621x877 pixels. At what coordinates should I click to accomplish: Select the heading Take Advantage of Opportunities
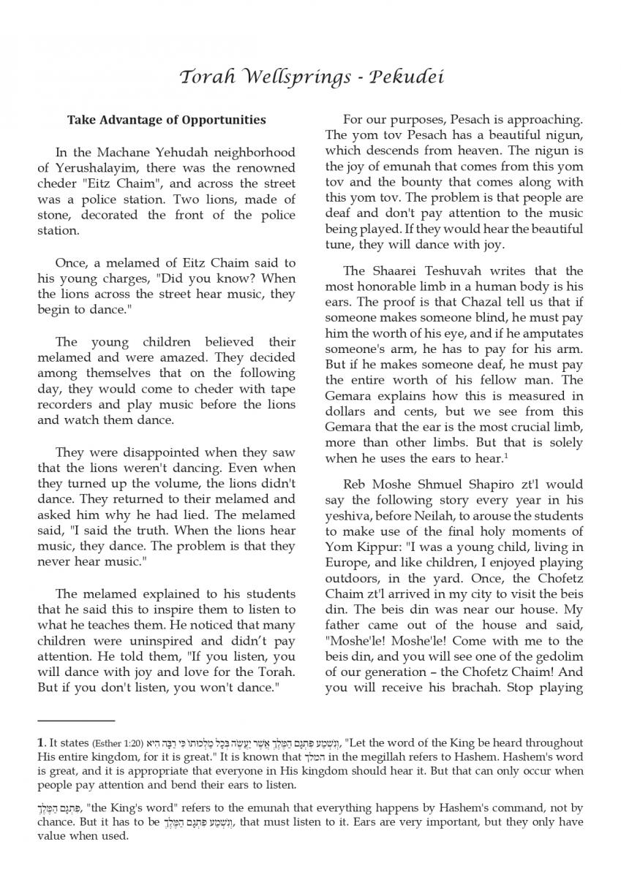click(166, 120)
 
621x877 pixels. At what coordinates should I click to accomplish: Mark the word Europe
click(349, 563)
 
